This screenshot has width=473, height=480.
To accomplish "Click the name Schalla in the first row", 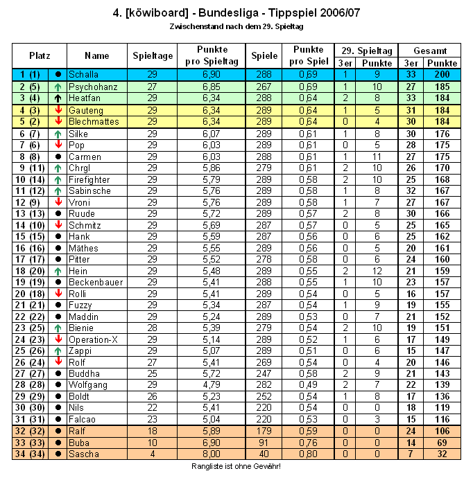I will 84,73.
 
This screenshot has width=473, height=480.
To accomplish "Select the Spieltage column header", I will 153,55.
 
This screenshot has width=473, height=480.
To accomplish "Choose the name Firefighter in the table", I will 89,179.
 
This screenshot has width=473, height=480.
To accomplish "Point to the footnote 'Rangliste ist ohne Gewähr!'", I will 237,467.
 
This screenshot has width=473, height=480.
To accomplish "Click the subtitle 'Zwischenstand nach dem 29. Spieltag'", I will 237,26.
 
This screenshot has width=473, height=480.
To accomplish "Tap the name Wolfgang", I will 88,385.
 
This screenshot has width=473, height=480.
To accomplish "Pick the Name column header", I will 97,55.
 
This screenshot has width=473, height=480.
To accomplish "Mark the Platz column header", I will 40,55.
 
